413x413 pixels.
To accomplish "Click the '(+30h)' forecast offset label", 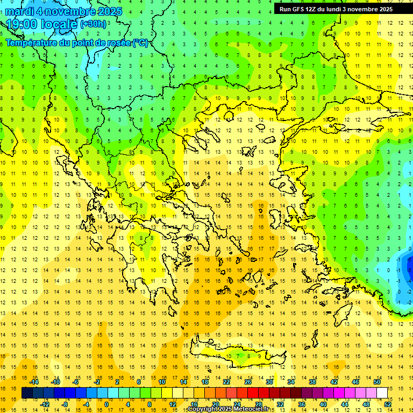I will (x=93, y=24).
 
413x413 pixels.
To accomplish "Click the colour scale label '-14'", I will (x=34, y=382).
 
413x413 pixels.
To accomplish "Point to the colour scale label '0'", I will (x=106, y=404).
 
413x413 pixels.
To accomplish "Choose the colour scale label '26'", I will (x=248, y=382).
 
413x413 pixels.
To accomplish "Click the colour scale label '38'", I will (x=312, y=382).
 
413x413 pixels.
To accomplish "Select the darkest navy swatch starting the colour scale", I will (x=27, y=393).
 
